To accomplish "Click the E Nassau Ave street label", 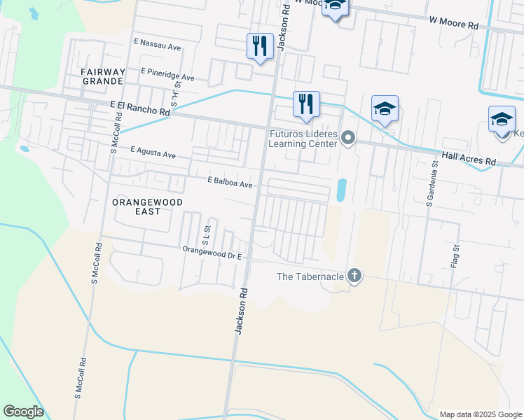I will (x=158, y=43).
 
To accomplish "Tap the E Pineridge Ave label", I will (x=167, y=73).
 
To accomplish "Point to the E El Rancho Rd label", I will (x=140, y=107).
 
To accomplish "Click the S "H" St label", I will (x=175, y=95).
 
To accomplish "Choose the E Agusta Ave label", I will (x=153, y=152).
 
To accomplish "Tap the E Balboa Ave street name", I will (x=229, y=182).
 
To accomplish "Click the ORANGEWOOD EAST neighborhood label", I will (x=147, y=206).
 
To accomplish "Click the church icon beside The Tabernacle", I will (x=354, y=275).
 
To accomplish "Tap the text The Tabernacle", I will (x=310, y=276).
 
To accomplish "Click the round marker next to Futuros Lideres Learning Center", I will (x=348, y=139).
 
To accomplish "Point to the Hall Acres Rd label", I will (x=468, y=159).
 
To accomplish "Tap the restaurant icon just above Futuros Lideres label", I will (x=306, y=105).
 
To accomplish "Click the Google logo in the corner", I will (x=23, y=411).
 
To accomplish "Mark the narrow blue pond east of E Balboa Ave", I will (x=341, y=190).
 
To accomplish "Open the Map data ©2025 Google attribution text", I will (x=481, y=414).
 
